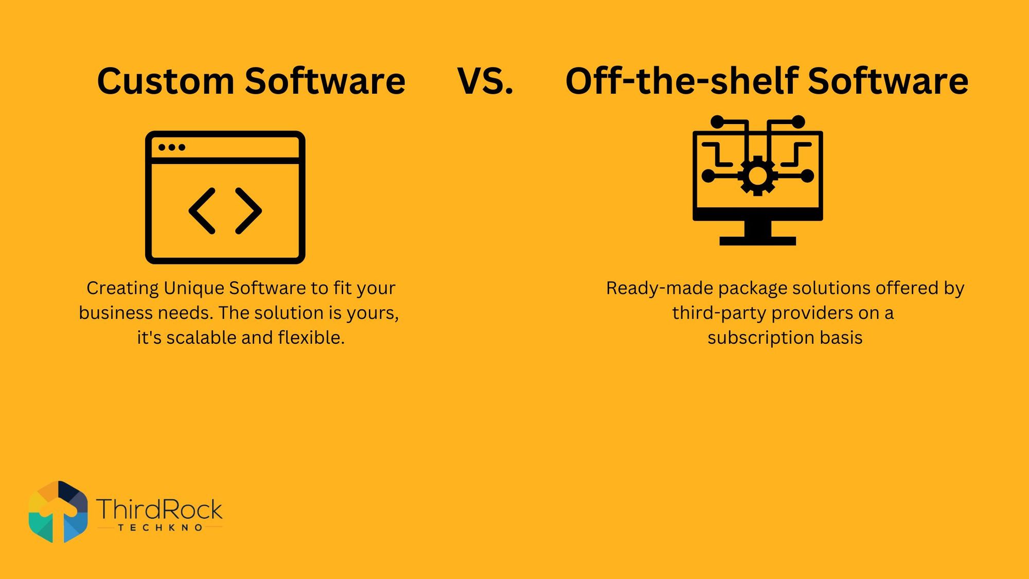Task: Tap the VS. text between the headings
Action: [x=485, y=81]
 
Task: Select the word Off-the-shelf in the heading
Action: [x=681, y=81]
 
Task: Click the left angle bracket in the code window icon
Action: [x=202, y=211]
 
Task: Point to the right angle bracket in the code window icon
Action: [x=249, y=211]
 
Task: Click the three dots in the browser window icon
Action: [x=171, y=147]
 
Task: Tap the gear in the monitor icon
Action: [x=757, y=176]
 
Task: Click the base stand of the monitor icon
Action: [x=757, y=240]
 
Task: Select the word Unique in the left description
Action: [x=194, y=288]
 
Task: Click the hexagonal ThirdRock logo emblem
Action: [x=58, y=512]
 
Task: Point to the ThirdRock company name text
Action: [x=159, y=509]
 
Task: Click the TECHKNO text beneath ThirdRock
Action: [x=160, y=528]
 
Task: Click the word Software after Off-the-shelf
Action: [x=888, y=81]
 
